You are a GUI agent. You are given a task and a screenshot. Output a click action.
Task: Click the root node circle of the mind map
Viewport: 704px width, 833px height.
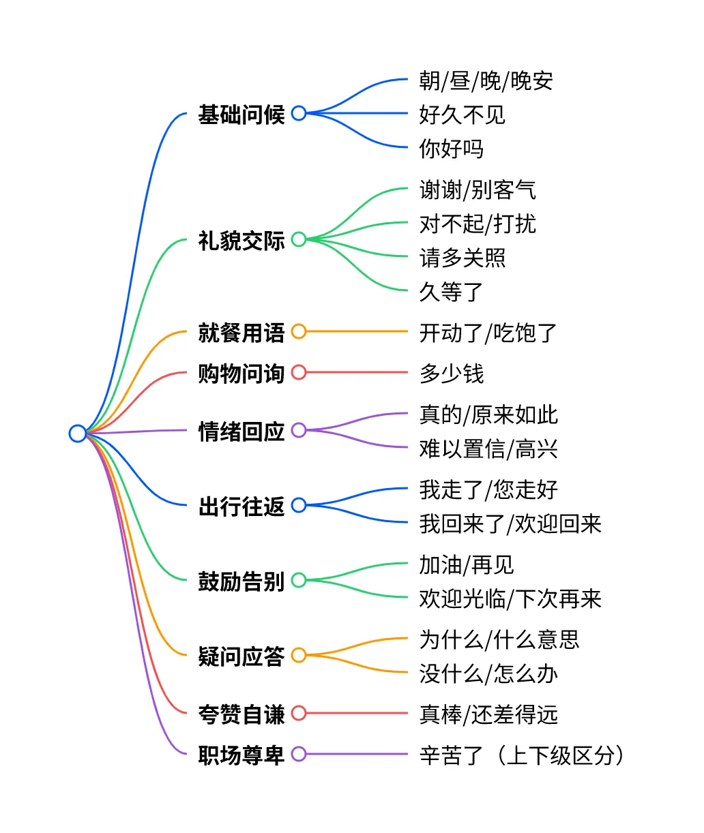[78, 433]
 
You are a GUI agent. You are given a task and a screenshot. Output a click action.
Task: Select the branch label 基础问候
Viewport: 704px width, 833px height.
[241, 114]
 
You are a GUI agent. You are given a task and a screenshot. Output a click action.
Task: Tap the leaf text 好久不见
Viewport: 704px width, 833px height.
[462, 115]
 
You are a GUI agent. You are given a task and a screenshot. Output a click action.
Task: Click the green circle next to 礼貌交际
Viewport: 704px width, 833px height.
[299, 239]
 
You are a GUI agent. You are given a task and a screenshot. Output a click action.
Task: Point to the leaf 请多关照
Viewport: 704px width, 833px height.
[462, 258]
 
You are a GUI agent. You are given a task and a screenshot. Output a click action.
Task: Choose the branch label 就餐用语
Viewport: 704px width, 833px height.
[241, 332]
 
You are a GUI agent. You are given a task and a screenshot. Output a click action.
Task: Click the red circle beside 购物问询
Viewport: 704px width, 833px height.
[299, 372]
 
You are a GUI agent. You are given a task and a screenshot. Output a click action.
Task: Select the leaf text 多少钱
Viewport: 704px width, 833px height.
[451, 374]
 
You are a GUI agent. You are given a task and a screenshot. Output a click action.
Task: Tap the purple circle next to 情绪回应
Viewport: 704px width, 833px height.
[299, 430]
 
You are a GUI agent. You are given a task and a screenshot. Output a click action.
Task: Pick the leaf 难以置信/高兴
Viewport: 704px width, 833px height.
[488, 449]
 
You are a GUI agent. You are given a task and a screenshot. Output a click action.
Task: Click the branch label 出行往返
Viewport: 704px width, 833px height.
[241, 506]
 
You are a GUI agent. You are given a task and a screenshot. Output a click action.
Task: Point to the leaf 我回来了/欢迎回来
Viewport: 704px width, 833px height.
[510, 524]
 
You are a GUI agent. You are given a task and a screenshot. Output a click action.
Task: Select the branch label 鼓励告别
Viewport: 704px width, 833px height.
[241, 581]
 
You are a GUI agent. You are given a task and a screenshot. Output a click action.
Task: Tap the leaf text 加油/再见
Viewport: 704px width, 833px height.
[466, 564]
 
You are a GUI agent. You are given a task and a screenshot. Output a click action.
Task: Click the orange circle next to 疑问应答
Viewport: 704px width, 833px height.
[299, 655]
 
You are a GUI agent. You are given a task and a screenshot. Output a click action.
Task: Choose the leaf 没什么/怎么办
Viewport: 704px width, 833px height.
[488, 673]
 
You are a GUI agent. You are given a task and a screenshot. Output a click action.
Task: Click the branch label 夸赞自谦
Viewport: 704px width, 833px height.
[241, 714]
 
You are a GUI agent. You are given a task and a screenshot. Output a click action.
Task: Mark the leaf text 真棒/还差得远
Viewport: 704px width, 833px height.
[488, 714]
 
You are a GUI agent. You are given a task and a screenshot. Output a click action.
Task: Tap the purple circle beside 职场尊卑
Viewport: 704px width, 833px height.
[299, 754]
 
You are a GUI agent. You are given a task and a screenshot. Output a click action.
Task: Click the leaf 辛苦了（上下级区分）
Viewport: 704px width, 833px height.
[521, 755]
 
